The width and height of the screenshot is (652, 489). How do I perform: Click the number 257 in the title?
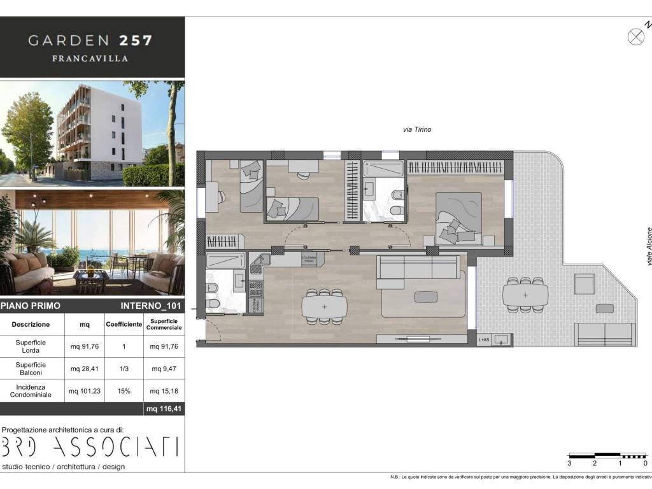(136, 41)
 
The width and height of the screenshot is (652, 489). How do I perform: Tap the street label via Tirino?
(417, 129)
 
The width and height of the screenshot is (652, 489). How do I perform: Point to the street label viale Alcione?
(649, 246)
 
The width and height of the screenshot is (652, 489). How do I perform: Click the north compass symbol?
(636, 36)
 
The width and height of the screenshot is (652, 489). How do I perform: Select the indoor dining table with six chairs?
(325, 307)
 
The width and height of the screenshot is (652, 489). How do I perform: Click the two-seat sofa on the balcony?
(604, 334)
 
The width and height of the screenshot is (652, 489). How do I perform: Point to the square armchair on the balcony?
(584, 283)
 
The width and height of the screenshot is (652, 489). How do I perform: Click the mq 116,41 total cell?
(163, 409)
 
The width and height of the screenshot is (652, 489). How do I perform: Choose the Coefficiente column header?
(124, 324)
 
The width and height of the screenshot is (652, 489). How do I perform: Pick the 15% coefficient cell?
(124, 391)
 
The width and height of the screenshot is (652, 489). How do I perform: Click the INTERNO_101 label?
(151, 306)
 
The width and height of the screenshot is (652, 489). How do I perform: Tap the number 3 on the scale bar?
(569, 464)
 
